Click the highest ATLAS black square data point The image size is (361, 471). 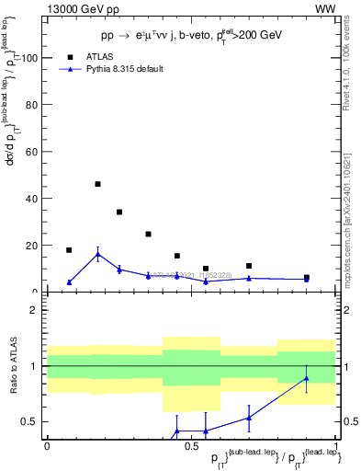click(x=97, y=184)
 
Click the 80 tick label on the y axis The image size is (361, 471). click(x=33, y=105)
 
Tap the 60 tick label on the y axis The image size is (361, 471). click(x=33, y=152)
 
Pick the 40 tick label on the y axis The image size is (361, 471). click(x=33, y=199)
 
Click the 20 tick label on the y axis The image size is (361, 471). click(x=33, y=246)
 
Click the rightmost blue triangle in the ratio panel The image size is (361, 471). click(x=307, y=378)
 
